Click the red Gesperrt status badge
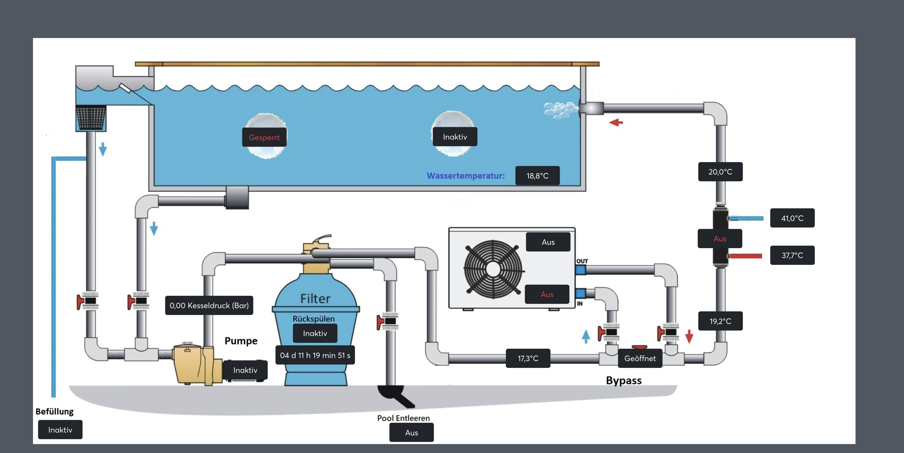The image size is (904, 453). click(x=264, y=137)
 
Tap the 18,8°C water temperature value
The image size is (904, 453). click(x=537, y=176)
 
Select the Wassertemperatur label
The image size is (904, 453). click(x=465, y=176)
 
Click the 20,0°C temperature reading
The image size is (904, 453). click(x=720, y=172)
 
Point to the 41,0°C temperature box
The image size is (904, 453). click(x=792, y=218)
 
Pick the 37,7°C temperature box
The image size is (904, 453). click(x=792, y=255)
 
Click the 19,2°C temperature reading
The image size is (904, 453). click(x=720, y=321)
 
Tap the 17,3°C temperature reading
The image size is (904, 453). click(x=528, y=358)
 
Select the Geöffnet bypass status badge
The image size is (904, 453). click(x=640, y=358)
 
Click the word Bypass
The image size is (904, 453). click(x=624, y=380)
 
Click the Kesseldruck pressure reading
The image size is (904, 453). click(x=209, y=305)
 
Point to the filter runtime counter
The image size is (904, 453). click(x=315, y=355)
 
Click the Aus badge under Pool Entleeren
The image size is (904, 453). click(x=411, y=433)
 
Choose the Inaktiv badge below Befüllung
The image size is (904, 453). click(x=60, y=430)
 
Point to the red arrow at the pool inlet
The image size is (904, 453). click(x=616, y=122)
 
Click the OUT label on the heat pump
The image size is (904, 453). click(x=582, y=261)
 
